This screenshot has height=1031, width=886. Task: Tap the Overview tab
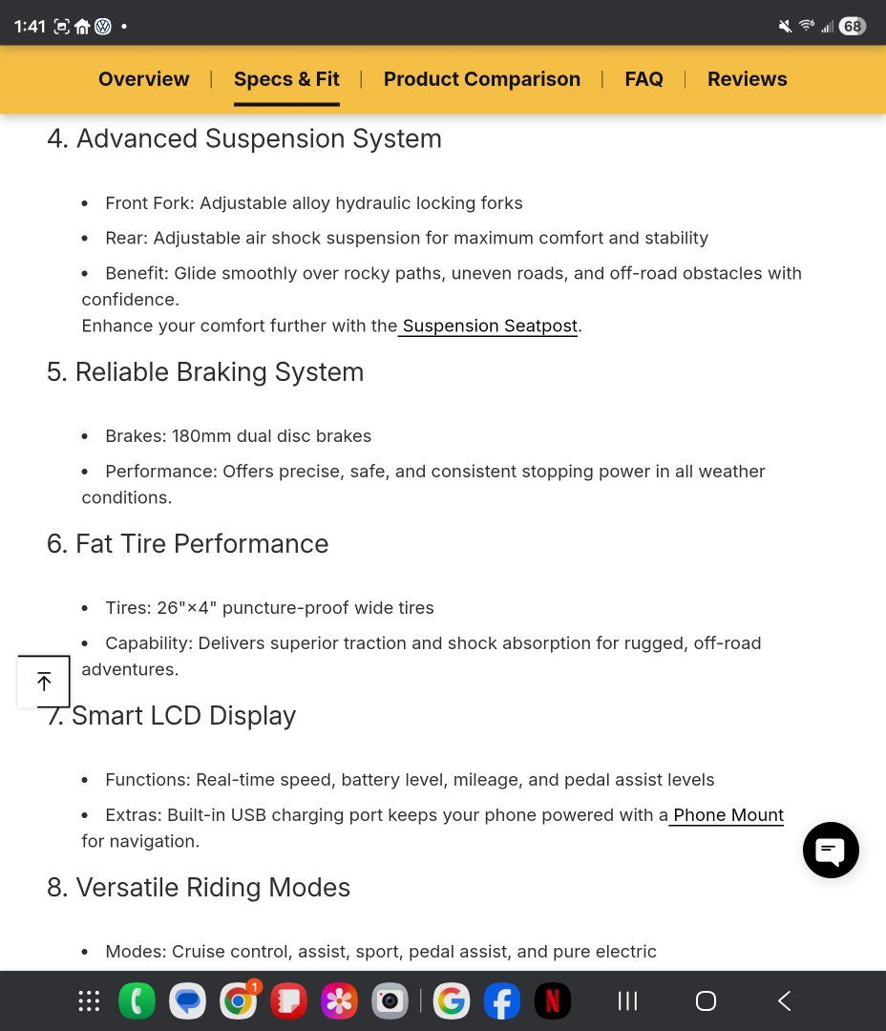[144, 79]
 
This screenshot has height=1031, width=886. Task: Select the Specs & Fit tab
[286, 79]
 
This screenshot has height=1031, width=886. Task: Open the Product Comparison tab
[482, 79]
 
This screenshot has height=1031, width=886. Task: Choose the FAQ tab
[643, 79]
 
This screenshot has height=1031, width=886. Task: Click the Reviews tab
[748, 79]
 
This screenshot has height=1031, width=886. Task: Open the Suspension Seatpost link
[490, 326]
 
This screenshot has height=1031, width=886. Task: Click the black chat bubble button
[831, 850]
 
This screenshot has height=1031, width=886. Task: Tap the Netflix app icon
[552, 1000]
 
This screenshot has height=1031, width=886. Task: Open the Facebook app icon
[501, 1000]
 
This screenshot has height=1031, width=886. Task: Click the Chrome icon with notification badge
[239, 1000]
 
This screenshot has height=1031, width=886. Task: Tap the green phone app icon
[137, 1000]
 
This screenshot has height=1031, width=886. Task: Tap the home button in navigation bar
[706, 1000]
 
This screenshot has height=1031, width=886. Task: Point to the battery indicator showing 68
[852, 26]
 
